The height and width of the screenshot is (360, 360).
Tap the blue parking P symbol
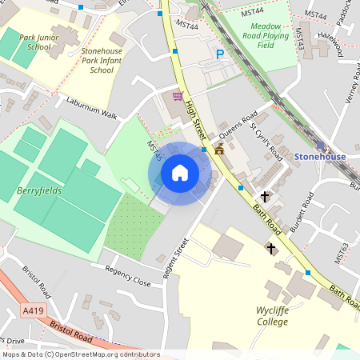point(220,54)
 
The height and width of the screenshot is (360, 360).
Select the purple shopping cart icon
point(177,95)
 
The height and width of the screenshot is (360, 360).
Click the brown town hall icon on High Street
point(218,150)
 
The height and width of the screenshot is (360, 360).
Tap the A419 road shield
point(33,310)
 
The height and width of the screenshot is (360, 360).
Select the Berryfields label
point(39,192)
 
